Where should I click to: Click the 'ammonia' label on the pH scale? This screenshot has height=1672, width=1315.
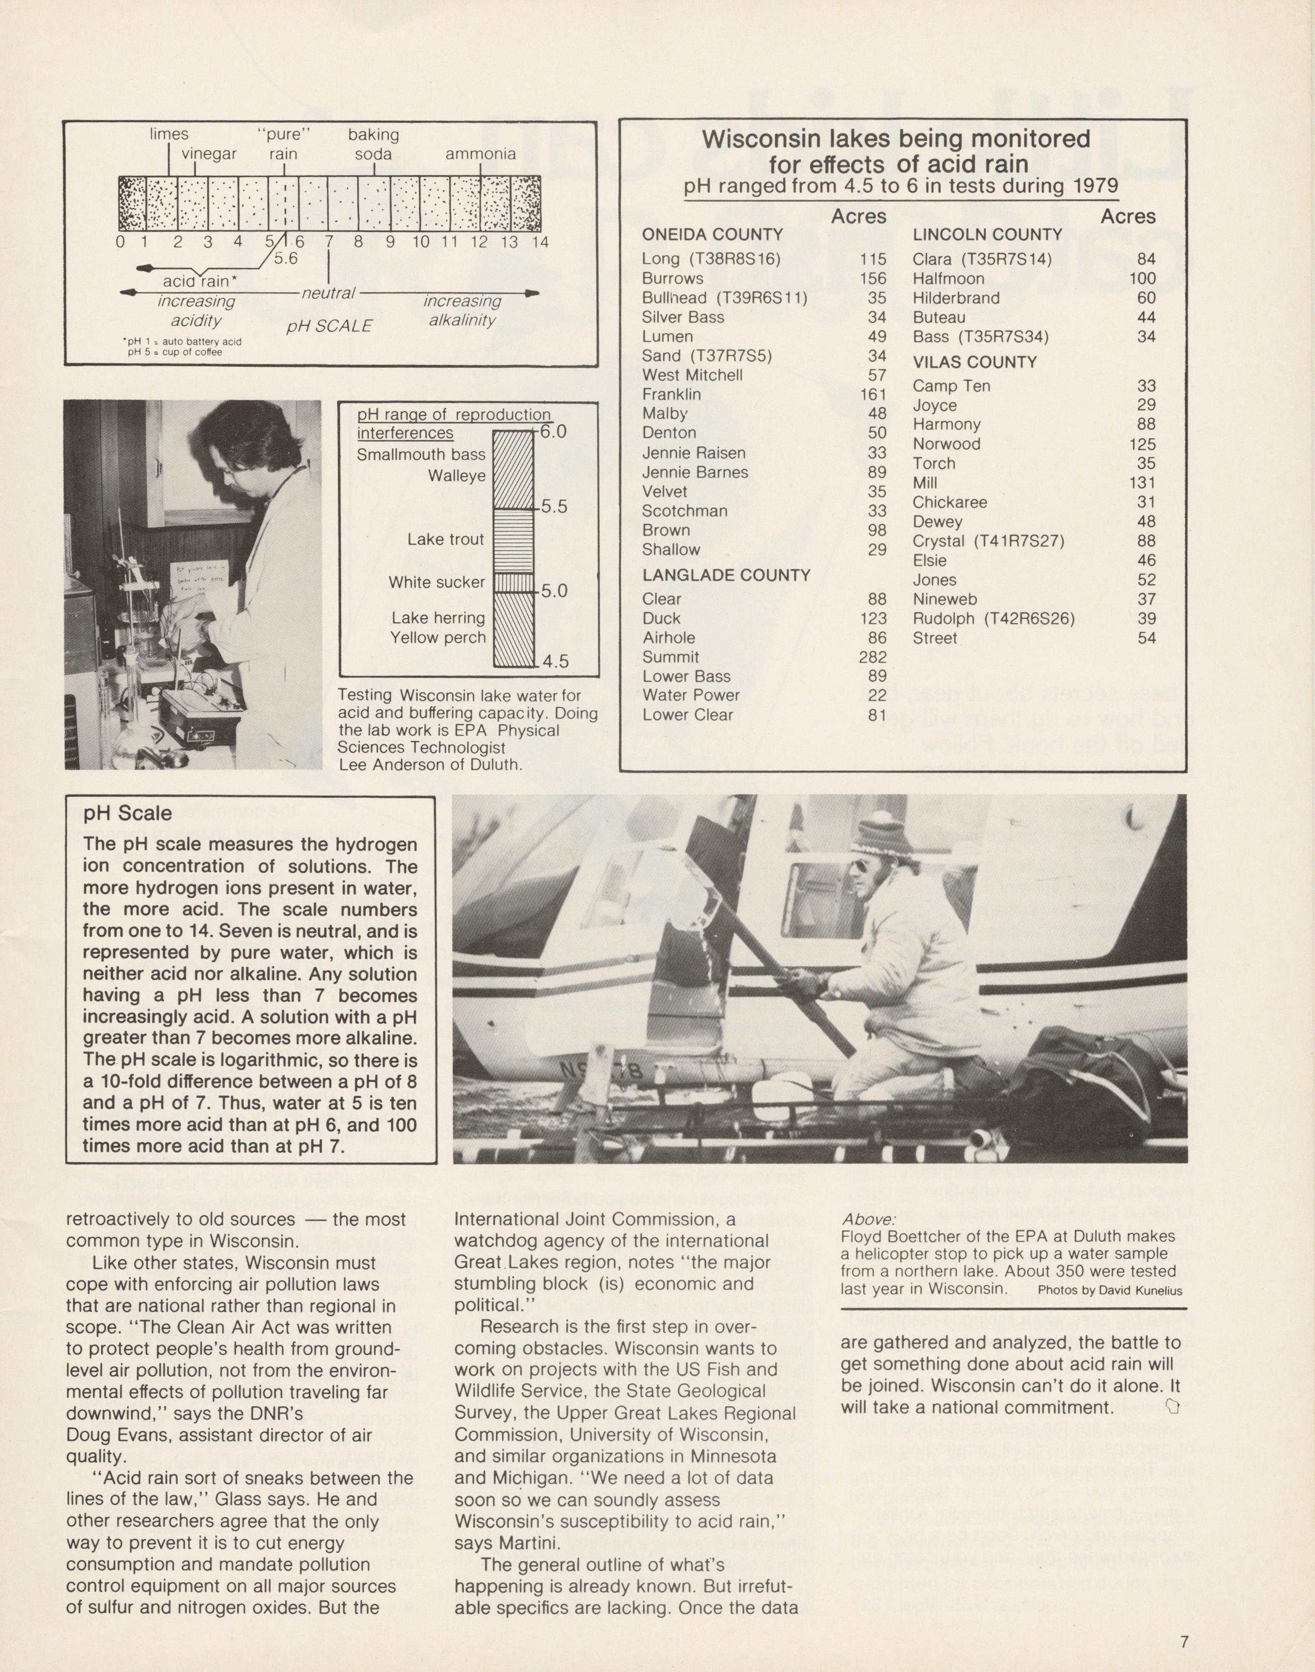pyautogui.click(x=480, y=154)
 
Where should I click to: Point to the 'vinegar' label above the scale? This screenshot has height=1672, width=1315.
pyautogui.click(x=209, y=154)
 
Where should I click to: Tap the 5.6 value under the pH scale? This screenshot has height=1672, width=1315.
pyautogui.click(x=286, y=258)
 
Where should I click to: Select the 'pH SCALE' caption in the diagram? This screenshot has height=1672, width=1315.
pyautogui.click(x=329, y=326)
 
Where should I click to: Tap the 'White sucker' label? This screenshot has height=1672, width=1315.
pyautogui.click(x=437, y=582)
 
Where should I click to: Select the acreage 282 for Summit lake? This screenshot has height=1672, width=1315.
pyautogui.click(x=873, y=657)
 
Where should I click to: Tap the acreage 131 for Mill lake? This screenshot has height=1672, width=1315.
pyautogui.click(x=1142, y=483)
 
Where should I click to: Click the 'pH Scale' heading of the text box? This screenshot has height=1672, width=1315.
pyautogui.click(x=128, y=814)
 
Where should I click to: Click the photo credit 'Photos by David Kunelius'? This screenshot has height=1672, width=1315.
pyautogui.click(x=1109, y=1290)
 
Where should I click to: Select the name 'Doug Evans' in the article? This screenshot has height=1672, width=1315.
pyautogui.click(x=110, y=1435)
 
